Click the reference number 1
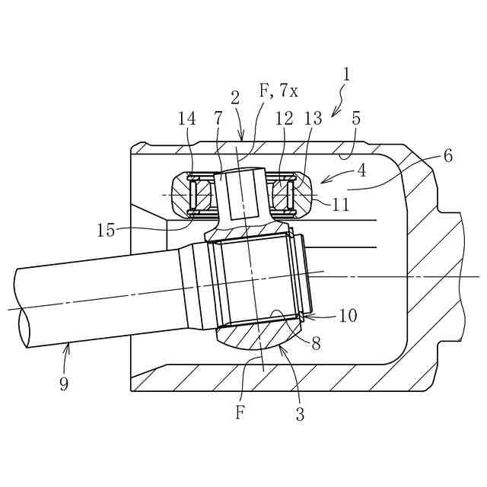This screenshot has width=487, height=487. click(x=347, y=75)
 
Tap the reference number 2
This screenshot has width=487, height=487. click(x=235, y=97)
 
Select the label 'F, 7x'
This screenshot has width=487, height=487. click(x=279, y=91)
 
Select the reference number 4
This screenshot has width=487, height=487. click(x=361, y=170)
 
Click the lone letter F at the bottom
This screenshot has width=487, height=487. click(x=240, y=414)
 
